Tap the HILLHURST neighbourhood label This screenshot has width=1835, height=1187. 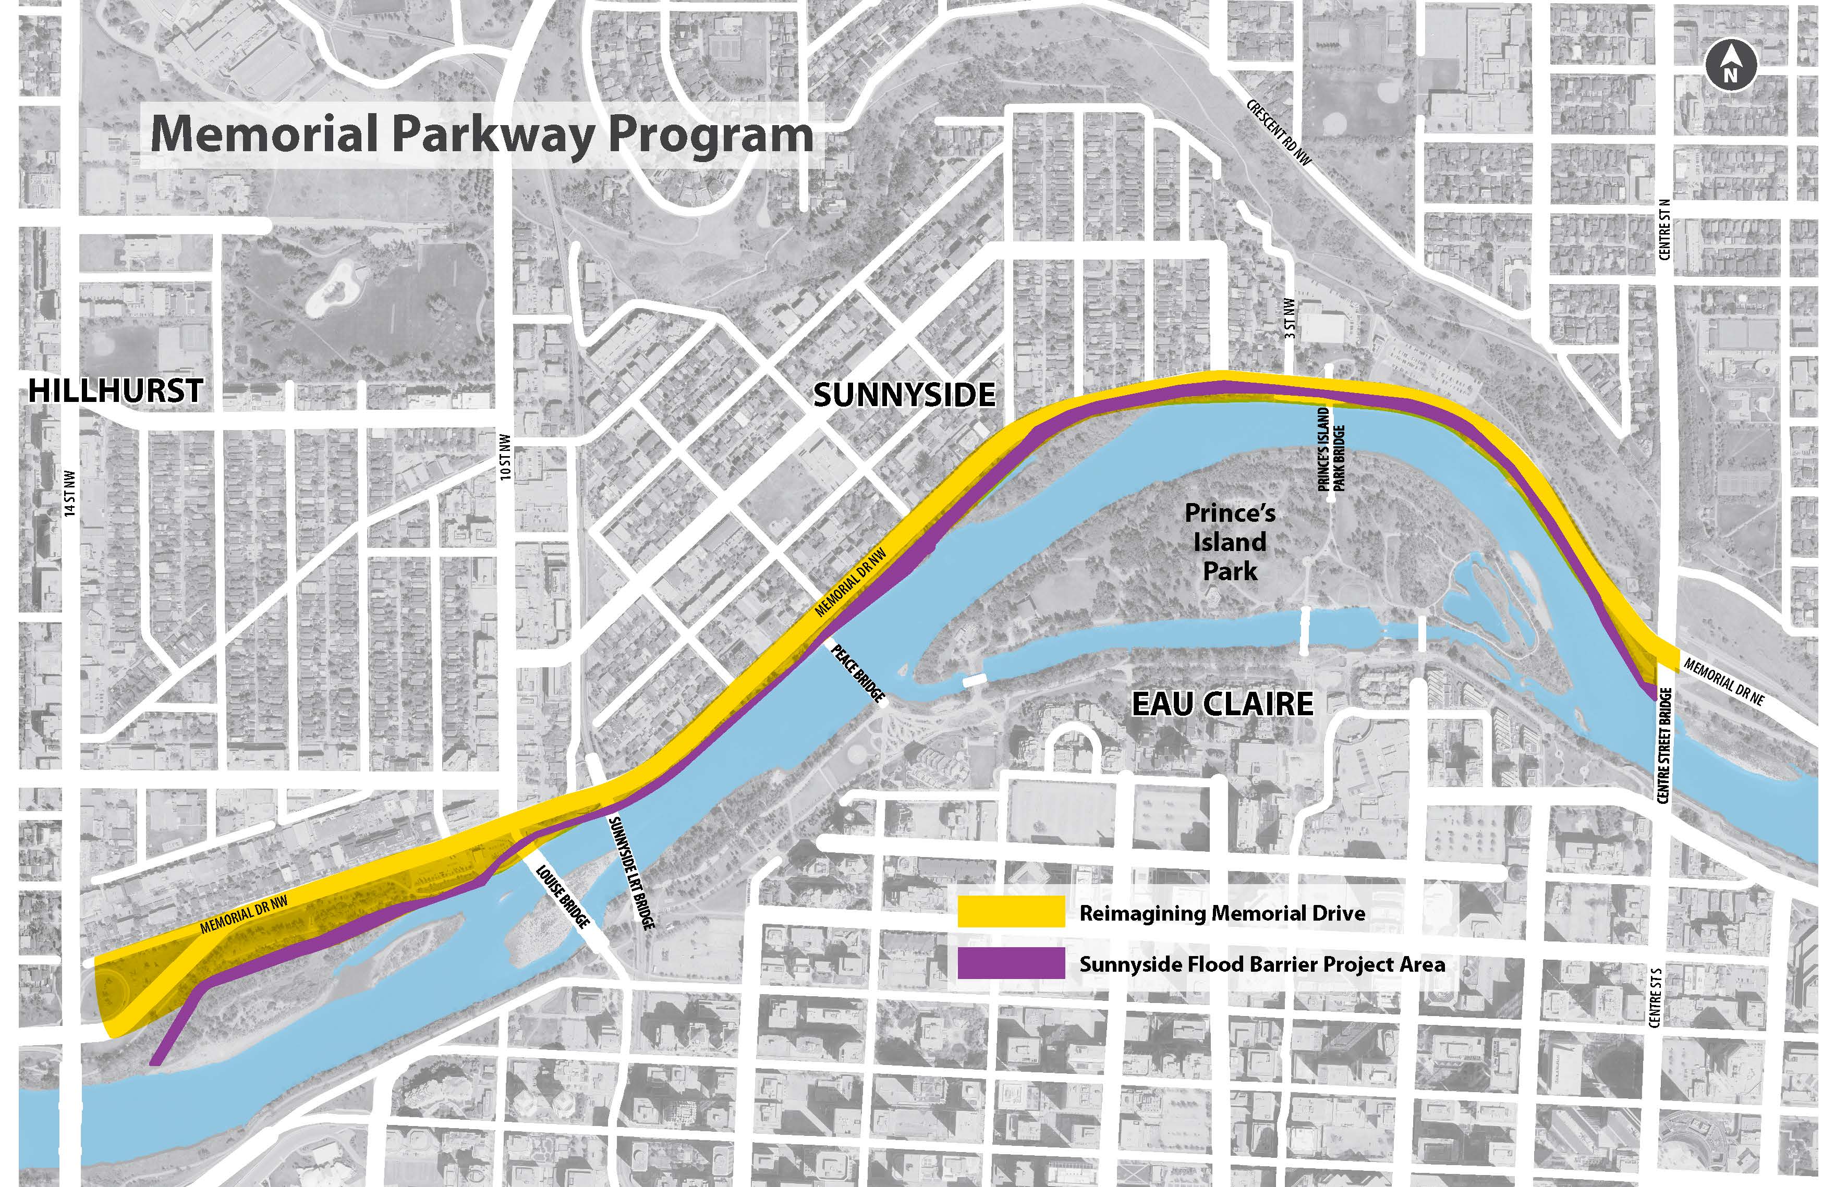point(116,391)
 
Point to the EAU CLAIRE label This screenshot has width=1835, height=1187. point(1222,704)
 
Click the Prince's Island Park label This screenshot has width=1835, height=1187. point(1230,542)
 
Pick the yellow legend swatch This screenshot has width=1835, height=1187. point(1011,913)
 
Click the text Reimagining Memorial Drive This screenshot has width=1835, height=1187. point(1222,913)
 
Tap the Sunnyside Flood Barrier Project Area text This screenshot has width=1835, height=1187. point(1262,964)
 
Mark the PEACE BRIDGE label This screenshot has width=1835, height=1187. point(857,674)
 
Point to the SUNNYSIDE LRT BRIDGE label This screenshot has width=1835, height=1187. point(631,873)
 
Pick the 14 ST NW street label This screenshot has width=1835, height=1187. point(70,493)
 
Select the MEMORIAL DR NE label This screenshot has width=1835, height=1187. point(1723,681)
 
